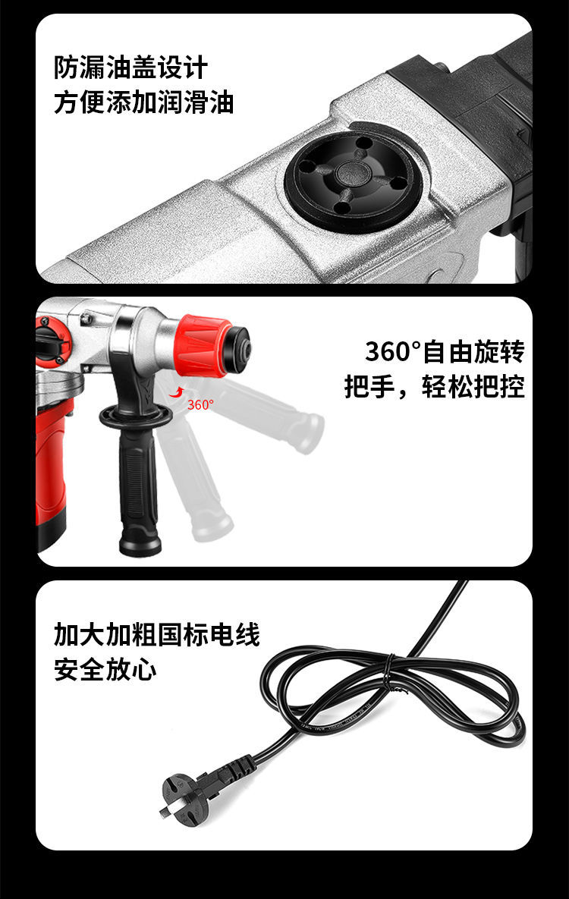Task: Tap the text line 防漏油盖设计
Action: [x=130, y=68]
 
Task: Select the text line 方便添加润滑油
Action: [x=144, y=102]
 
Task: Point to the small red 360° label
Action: [x=200, y=405]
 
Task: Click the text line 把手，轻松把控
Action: [x=434, y=386]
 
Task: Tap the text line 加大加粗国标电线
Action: [x=156, y=634]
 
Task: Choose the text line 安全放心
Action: [x=105, y=669]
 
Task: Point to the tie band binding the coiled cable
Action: [x=391, y=669]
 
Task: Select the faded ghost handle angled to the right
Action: [x=269, y=410]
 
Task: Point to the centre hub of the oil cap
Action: [x=354, y=172]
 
